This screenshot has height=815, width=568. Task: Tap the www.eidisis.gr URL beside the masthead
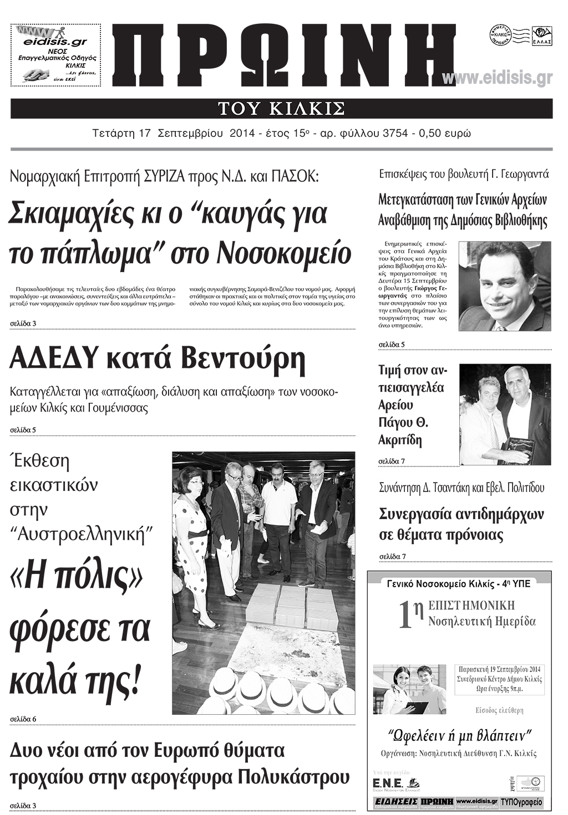click(x=498, y=79)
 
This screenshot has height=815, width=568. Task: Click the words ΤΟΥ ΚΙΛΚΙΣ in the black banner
click(x=282, y=108)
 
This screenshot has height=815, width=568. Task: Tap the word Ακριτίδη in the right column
click(x=400, y=441)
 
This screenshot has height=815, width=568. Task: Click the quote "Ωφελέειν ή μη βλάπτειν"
click(x=459, y=736)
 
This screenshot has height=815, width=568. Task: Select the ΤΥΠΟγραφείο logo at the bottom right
click(x=522, y=802)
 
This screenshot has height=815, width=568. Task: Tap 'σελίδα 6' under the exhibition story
click(x=24, y=719)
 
